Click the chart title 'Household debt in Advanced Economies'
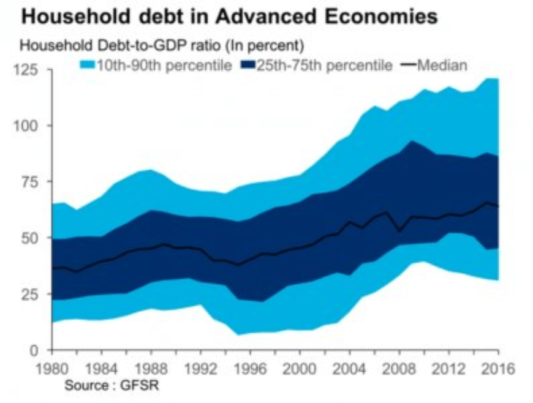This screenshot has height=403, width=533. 229,16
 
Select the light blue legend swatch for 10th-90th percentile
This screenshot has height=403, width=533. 87,66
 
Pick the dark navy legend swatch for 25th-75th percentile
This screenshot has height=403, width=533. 246,66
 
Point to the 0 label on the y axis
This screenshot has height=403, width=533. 34,350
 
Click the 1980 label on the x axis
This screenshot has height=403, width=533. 51,369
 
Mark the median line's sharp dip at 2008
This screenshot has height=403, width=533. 399,231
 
